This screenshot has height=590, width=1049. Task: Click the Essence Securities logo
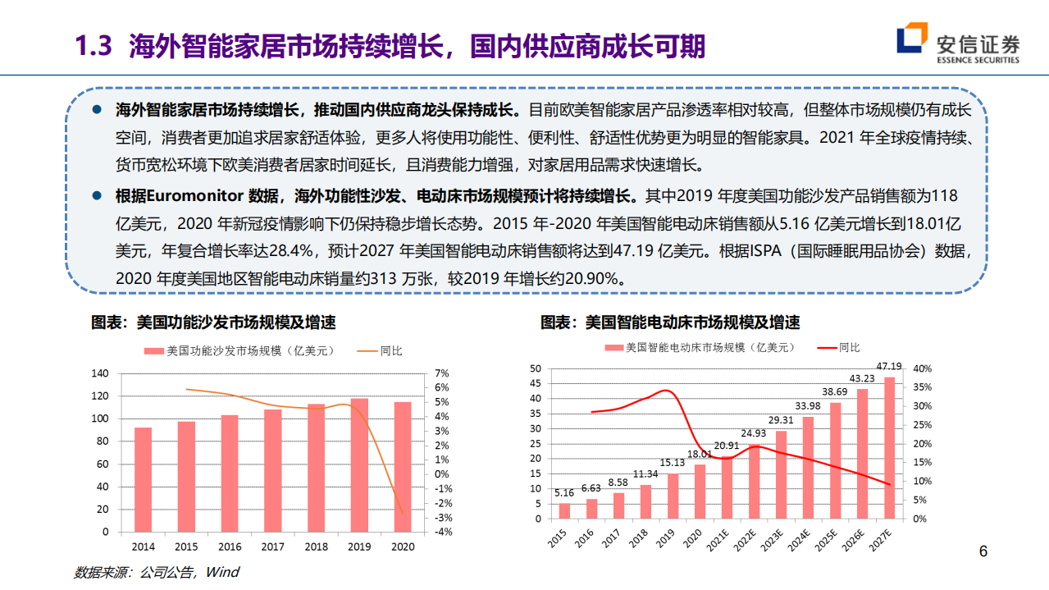point(957,45)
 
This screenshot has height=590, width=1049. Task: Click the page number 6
point(984,551)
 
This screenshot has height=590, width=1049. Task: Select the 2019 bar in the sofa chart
point(359,464)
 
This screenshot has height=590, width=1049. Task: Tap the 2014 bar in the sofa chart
point(143,479)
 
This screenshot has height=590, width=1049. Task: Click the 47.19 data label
point(889,367)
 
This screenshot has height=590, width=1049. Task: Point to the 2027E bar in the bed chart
point(889,447)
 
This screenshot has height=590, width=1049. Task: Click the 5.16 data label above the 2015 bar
point(564,493)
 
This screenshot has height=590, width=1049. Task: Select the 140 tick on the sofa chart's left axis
point(98,373)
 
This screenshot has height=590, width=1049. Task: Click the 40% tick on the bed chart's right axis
point(923,368)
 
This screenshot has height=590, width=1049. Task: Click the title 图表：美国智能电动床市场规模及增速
point(669,322)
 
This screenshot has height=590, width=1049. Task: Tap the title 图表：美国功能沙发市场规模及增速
point(213,322)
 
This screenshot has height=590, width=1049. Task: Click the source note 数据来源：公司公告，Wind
point(156,571)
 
